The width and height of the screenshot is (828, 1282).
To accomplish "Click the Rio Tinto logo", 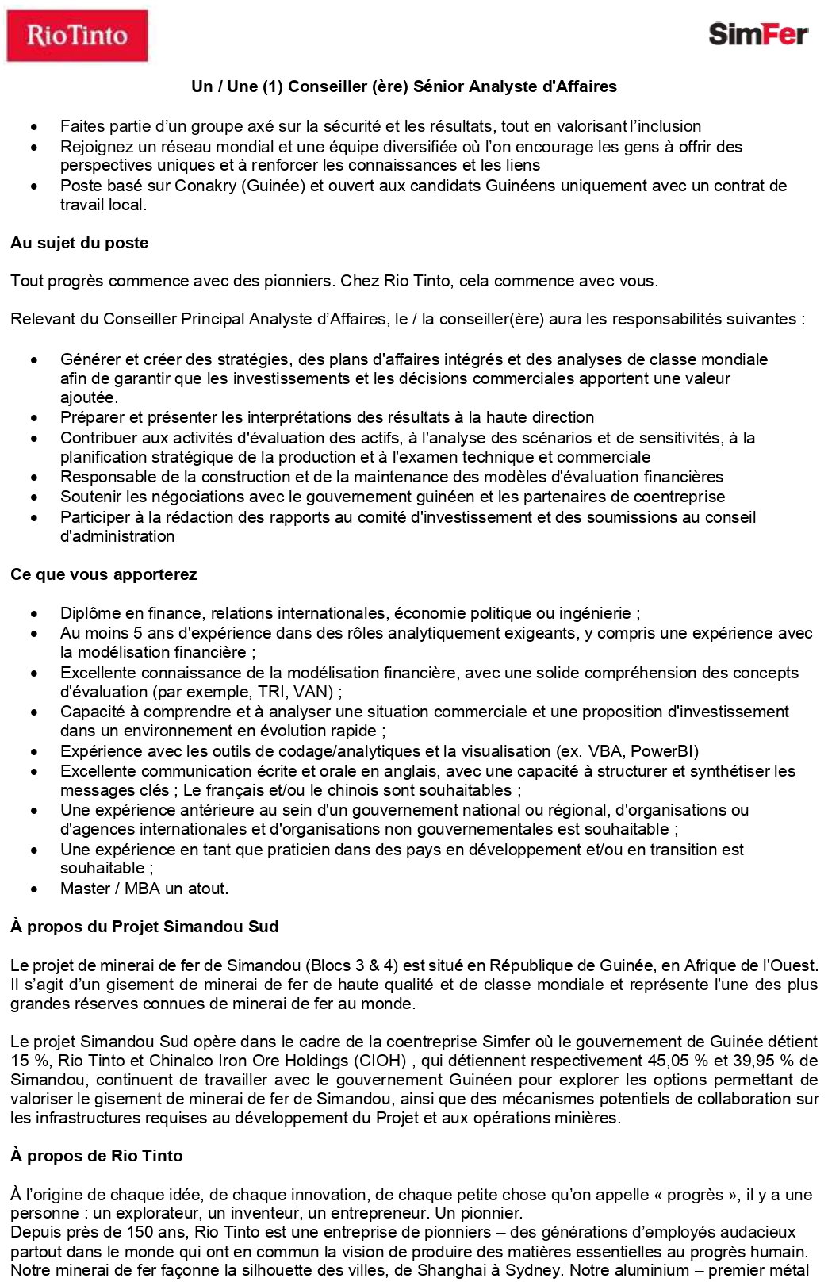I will (77, 36).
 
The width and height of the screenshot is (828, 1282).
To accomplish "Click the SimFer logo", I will (757, 34).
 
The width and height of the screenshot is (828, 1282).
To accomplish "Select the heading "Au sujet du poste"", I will (79, 243).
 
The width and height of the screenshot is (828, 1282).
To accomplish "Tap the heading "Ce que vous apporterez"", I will (103, 574).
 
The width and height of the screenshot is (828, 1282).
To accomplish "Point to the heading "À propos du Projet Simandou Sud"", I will (144, 927).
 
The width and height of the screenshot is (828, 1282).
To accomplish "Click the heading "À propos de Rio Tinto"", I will (96, 1156).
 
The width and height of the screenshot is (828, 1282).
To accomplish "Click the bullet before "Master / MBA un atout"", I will (34, 889).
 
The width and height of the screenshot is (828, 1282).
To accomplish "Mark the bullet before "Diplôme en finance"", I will (34, 614).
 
